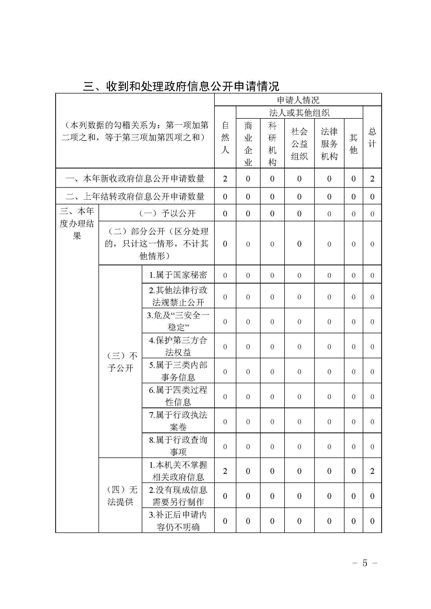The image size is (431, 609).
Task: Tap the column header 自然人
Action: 225,137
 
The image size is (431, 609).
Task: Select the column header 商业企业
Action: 248,143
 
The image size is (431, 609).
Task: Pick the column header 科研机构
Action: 272,143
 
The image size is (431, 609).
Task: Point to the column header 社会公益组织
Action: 299,143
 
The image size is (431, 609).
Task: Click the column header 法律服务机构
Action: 329,143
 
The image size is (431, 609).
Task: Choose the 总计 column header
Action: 372,137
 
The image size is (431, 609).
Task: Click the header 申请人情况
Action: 298,100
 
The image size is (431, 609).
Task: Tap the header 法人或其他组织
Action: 299,113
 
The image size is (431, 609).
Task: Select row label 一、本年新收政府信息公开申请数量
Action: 135,179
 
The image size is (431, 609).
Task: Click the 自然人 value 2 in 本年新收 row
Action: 225,179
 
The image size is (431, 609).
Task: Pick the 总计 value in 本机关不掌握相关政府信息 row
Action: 372,471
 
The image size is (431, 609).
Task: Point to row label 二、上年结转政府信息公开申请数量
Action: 135,196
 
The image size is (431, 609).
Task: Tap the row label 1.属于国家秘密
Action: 178,275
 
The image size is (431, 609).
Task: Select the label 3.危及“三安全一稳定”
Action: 178,321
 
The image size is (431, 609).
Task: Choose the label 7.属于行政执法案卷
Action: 178,421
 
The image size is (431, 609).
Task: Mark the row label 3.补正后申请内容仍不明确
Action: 178,521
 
